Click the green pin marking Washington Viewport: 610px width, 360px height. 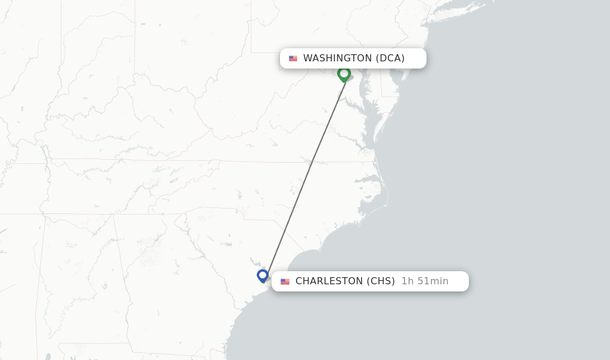pos(344,74)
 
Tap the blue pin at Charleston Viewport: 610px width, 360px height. pos(263,275)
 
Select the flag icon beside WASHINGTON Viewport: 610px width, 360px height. pos(293,58)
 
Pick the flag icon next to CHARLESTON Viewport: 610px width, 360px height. pos(285,281)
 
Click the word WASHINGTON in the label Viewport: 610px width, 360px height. pos(337,58)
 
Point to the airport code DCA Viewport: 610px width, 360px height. pos(390,58)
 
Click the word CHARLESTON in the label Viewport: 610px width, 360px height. pos(329,281)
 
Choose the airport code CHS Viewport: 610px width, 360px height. pos(380,281)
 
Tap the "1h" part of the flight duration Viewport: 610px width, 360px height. pos(407,281)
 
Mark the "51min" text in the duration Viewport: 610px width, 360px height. pos(432,281)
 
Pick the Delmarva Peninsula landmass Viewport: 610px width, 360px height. pos(382,107)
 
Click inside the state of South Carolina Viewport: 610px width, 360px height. pos(238,238)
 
